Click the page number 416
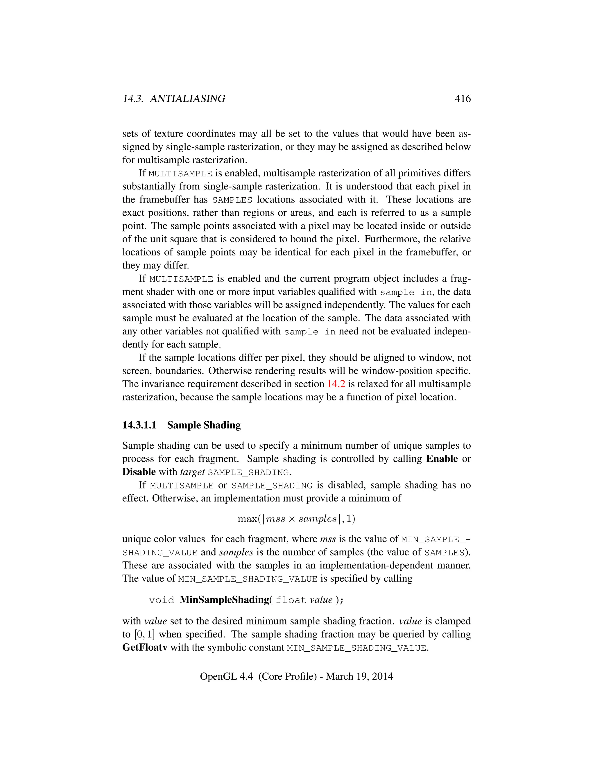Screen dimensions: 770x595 tap(463, 99)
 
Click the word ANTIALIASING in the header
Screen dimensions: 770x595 tap(187, 99)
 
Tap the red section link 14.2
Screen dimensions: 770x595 tap(336, 384)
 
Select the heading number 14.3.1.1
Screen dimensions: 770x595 tap(139, 425)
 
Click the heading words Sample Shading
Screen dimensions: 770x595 tap(204, 425)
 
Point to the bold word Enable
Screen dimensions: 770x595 tap(442, 459)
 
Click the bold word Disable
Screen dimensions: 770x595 tap(139, 472)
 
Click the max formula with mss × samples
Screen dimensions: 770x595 tap(296, 519)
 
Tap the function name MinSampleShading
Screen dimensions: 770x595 tap(224, 600)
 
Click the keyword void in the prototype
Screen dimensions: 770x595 tap(162, 600)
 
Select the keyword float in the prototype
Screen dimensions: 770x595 tap(291, 600)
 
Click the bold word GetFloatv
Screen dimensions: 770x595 tap(144, 648)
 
